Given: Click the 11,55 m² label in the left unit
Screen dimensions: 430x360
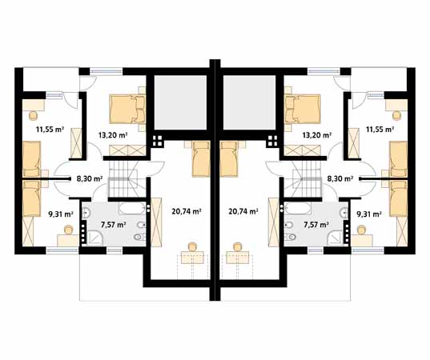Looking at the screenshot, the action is tap(50, 130).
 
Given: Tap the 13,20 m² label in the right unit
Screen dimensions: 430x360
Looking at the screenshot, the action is tap(316, 134).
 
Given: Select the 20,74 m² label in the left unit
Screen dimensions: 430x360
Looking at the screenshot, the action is tap(187, 211).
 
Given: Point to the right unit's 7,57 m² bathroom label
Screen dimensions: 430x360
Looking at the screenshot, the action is tap(316, 225).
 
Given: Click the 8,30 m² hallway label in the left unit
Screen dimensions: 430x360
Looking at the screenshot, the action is tap(90, 179).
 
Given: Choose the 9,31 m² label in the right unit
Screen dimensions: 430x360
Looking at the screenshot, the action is tap(369, 214).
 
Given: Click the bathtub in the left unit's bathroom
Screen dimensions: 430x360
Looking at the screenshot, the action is tap(132, 209).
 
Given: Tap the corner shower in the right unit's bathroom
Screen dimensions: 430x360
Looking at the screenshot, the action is tap(336, 238).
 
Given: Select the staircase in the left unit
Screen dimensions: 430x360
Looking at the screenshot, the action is tap(127, 178).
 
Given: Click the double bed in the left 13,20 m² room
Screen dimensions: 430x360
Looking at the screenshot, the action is tap(127, 109).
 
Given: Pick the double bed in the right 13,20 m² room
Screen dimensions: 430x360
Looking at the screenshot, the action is tap(303, 109).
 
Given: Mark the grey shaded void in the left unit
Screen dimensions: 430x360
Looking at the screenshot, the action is tap(180, 102).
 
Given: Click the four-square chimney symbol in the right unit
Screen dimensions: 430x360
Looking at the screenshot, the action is tap(272, 141).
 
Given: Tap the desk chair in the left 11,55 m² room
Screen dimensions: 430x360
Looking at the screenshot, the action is tap(34, 115).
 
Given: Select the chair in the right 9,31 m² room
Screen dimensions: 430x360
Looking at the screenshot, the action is tap(362, 230).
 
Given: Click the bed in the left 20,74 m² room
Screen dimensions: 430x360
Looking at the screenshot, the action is tap(201, 159).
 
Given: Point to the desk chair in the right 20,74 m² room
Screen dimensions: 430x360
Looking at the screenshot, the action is tap(237, 247).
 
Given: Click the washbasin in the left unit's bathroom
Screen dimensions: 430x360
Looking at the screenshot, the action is tap(86, 213).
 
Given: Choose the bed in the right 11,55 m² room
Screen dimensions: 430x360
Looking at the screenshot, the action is tap(399, 159).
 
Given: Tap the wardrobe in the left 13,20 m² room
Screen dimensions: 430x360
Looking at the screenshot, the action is tap(127, 150).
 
